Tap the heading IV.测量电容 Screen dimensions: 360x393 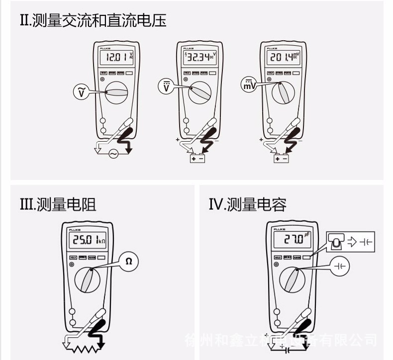click(x=248, y=204)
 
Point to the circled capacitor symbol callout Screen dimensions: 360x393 click(x=340, y=267)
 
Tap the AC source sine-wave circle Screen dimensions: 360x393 click(x=113, y=154)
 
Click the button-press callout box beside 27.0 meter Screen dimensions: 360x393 click(x=351, y=243)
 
